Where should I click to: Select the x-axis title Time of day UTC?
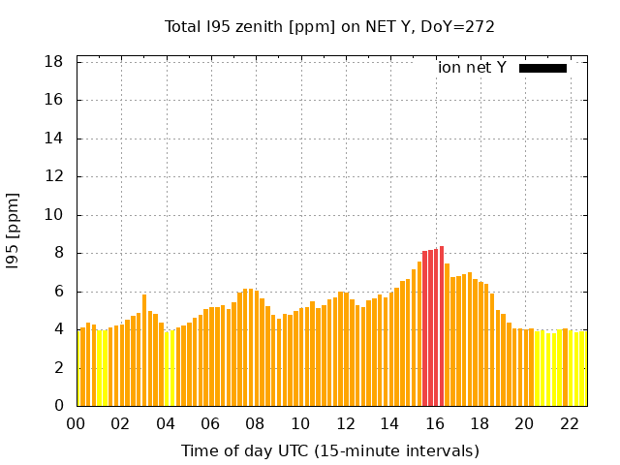[x=330, y=450]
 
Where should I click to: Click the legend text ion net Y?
[x=472, y=68]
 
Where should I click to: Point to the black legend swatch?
[x=542, y=68]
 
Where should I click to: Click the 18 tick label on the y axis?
[x=55, y=62]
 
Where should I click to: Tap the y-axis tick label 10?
[x=55, y=215]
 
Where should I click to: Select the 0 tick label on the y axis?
[x=59, y=406]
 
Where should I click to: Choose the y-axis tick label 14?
[x=55, y=139]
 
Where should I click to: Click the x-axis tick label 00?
[x=77, y=424]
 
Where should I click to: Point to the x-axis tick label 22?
[x=569, y=424]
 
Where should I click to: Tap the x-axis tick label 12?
[x=345, y=424]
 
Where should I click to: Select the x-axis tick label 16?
[x=435, y=424]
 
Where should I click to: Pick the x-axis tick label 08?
[x=256, y=424]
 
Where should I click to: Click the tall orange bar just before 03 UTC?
[x=144, y=350]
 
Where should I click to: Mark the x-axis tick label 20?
[x=524, y=424]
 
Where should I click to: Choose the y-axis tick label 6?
[x=59, y=292]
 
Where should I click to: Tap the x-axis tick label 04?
[x=166, y=424]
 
